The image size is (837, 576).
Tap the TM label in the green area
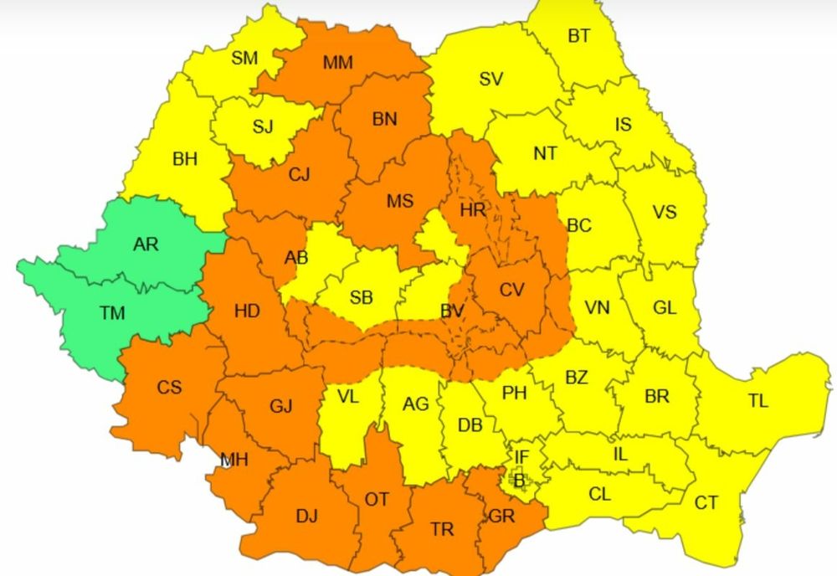pos(112,313)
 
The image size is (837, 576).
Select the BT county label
pos(578,36)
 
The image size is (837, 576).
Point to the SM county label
pos(244,58)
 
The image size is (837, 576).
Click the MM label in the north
pos(337,63)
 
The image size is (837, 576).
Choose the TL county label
pos(757,401)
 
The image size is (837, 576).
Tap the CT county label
pos(706,503)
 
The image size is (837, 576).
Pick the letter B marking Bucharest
pos(519,480)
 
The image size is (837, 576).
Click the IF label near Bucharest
pos(521,457)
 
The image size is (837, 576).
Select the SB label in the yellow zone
pos(362,298)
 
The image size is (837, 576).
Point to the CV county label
pos(511,290)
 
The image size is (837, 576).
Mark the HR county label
pos(473,209)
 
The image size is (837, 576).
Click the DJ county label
pos(306,517)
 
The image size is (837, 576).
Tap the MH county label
pos(234,460)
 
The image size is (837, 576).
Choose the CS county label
pos(169,388)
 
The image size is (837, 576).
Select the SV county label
pos(490,80)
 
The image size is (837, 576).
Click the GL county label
pos(665,307)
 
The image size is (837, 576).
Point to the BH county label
pos(184,158)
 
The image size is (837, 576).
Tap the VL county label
pos(347,397)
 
